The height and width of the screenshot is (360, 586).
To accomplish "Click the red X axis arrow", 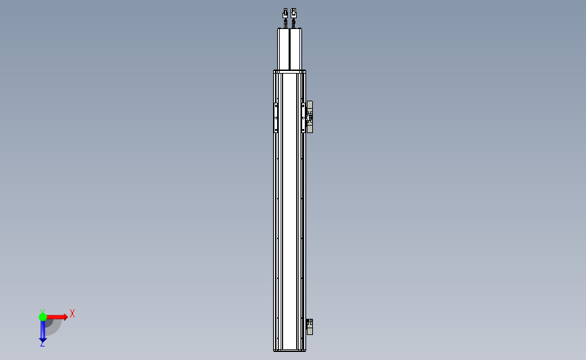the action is [x=56, y=317].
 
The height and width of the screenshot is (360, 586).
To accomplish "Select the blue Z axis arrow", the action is [x=43, y=330].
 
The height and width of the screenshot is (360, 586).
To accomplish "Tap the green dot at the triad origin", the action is [x=43, y=317].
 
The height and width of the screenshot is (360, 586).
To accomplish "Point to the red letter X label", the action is [x=72, y=313].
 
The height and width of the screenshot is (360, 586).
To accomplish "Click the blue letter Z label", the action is [x=43, y=344].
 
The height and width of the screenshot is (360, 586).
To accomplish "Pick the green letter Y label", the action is [x=43, y=311].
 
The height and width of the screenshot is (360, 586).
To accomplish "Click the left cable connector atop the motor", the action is [x=285, y=13].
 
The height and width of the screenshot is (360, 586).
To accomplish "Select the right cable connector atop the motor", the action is [x=294, y=13].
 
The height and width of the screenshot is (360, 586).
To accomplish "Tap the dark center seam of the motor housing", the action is [x=290, y=49].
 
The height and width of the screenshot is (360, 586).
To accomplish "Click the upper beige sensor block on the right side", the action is [x=310, y=117].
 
